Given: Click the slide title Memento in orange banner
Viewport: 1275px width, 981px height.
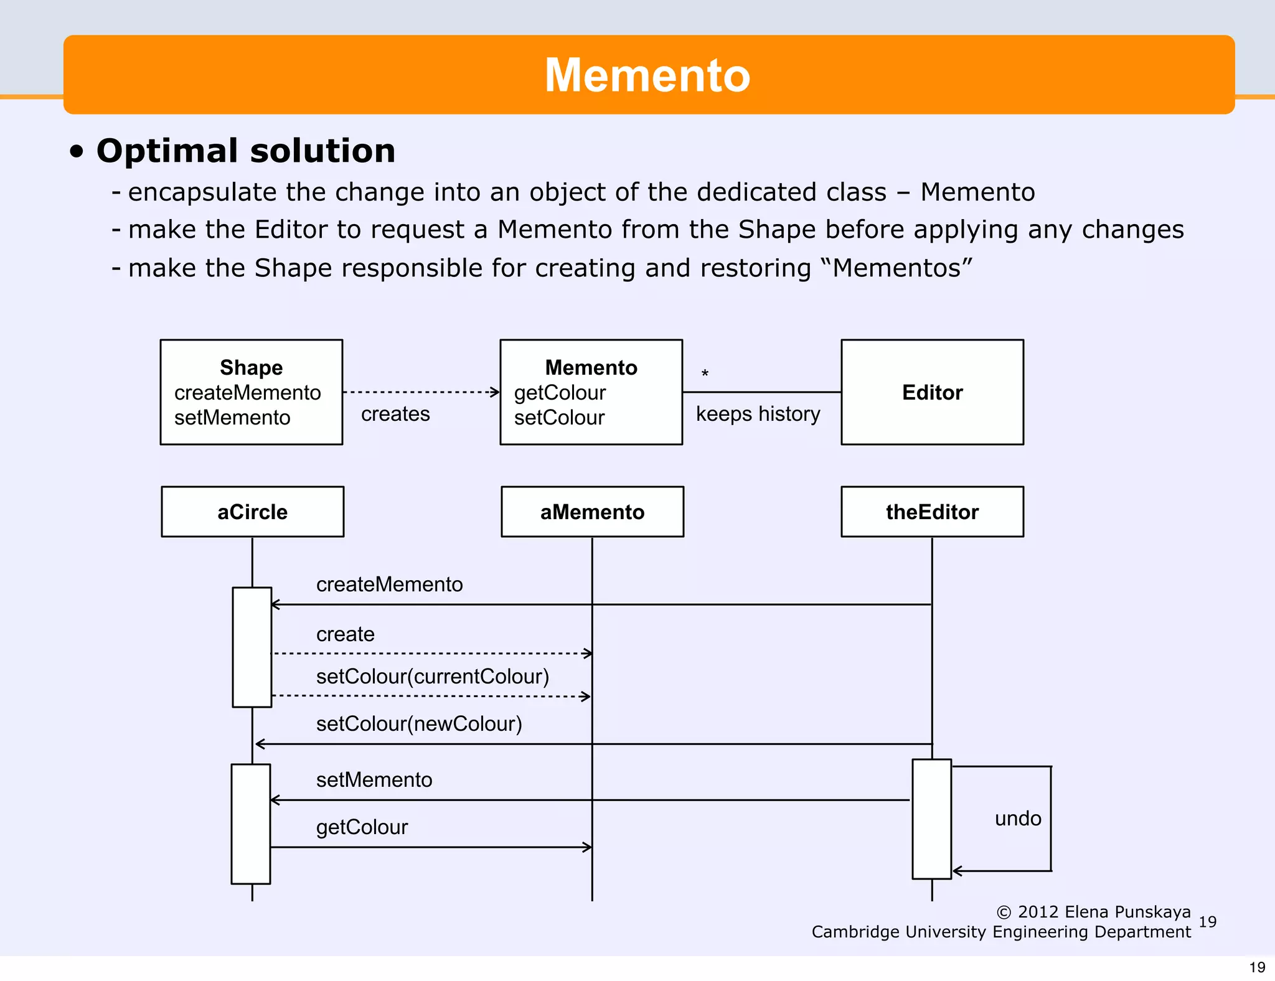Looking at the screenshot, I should tap(647, 75).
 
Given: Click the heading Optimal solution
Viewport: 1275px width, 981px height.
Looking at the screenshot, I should tap(245, 151).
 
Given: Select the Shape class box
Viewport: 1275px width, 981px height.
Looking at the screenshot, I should tap(251, 392).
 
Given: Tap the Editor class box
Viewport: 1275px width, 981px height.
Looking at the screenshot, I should tap(932, 392).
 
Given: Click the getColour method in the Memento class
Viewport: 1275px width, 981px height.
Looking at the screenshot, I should tap(560, 393).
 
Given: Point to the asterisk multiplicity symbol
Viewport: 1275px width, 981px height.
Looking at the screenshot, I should tap(705, 374).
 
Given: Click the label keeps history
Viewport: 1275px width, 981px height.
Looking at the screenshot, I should tap(758, 414).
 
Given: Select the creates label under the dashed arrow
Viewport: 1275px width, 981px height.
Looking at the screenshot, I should tap(395, 414).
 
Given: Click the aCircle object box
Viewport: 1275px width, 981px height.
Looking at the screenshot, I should tap(252, 512).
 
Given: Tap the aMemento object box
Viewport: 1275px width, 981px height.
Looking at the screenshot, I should tap(592, 512).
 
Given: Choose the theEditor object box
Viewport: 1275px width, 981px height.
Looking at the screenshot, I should tap(932, 512).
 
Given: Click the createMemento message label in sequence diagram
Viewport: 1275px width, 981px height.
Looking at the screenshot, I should tap(389, 584).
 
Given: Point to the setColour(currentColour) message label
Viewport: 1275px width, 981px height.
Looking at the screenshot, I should tap(433, 677).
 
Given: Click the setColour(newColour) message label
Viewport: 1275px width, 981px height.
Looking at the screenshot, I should tap(419, 724).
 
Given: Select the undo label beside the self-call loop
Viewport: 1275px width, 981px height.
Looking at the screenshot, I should tap(1018, 819).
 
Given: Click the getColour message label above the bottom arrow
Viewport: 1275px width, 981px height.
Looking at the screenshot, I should tap(362, 827).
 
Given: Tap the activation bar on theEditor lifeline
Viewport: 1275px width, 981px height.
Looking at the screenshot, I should tap(931, 819).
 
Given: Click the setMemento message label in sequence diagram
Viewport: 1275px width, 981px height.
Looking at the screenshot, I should tap(374, 780).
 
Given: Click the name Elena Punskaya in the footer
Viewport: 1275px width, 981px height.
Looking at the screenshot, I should tap(1127, 912).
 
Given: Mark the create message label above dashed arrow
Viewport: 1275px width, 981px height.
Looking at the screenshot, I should tap(346, 634).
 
